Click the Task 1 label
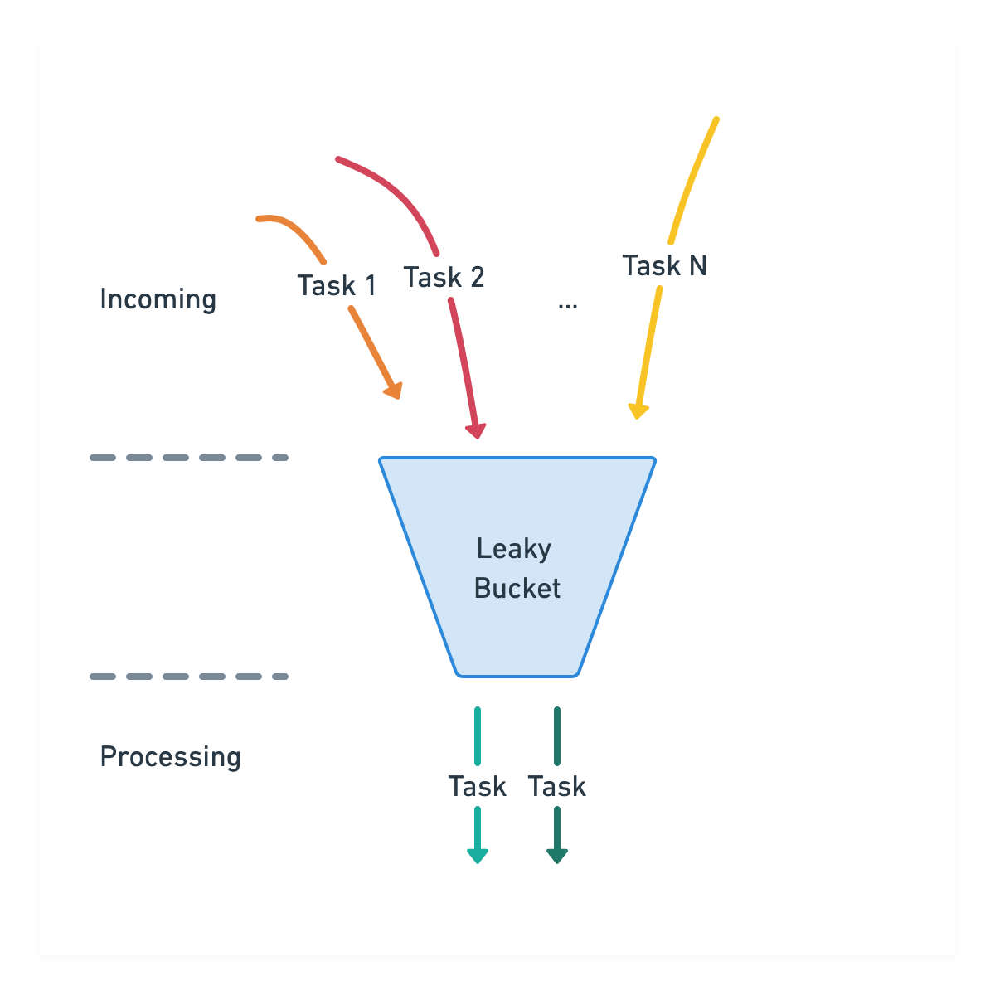337,286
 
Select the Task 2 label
444,277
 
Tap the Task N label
664,266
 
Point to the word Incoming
158,299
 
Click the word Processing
170,757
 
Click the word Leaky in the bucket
513,549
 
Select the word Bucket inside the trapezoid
517,589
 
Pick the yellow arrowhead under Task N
638,410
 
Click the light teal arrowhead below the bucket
478,855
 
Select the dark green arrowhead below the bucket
557,855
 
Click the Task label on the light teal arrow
477,787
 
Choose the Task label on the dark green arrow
557,787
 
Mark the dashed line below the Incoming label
189,458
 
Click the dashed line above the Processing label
189,677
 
